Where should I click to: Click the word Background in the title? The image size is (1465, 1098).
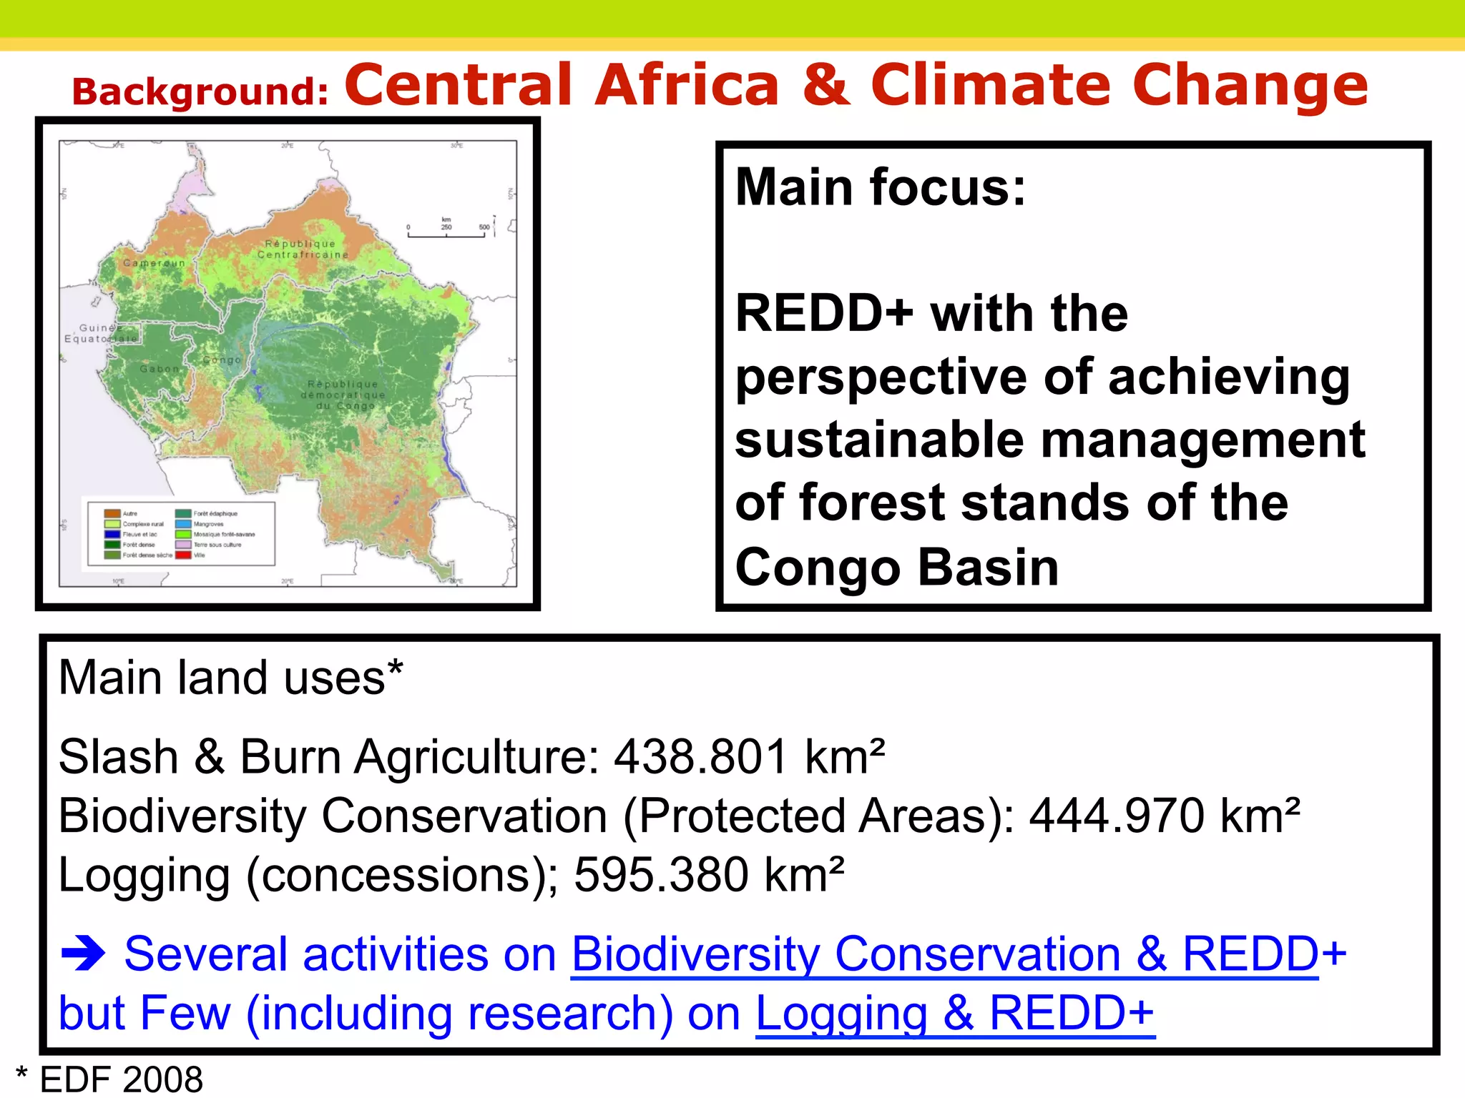tap(200, 91)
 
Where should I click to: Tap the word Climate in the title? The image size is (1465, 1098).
tap(990, 86)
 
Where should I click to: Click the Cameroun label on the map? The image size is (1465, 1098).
tap(154, 263)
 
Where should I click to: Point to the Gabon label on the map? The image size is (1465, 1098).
tap(159, 369)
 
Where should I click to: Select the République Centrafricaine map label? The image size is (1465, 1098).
tap(302, 249)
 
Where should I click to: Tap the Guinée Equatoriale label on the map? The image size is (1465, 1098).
tap(100, 333)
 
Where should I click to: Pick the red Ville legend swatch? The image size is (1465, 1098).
tap(183, 555)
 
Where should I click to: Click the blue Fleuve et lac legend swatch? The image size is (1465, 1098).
tap(112, 534)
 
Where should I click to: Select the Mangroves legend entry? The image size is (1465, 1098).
tap(208, 524)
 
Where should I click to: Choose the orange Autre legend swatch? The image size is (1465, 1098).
tap(112, 513)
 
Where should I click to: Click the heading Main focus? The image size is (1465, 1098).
tap(881, 187)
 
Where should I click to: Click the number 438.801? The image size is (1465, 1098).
tap(700, 756)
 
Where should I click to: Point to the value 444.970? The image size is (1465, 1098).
tap(1116, 816)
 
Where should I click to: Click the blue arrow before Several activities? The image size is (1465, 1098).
tap(84, 954)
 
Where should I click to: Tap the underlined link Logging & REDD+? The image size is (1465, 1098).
tap(955, 1014)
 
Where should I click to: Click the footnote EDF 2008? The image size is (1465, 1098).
tap(121, 1079)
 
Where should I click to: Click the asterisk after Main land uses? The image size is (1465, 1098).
tap(395, 671)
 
